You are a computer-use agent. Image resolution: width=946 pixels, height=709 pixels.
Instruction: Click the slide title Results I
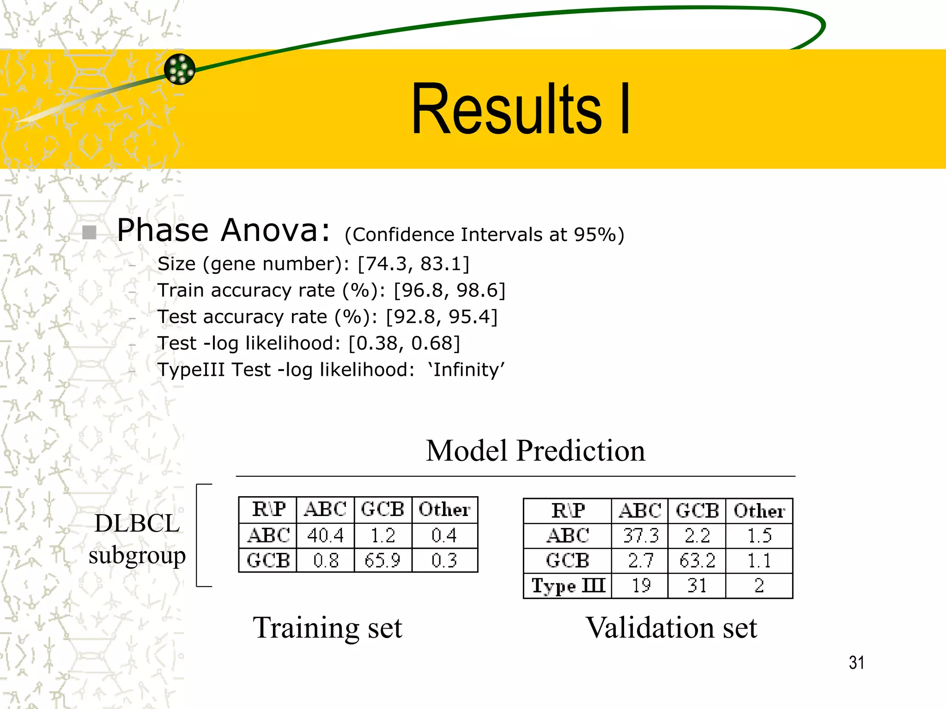click(x=521, y=109)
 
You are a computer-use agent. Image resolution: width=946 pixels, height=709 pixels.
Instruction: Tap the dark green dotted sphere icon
click(x=180, y=69)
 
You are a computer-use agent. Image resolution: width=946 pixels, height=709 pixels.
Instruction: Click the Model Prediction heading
click(x=535, y=451)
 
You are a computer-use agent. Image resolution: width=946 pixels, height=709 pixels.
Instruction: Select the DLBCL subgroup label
click(x=137, y=539)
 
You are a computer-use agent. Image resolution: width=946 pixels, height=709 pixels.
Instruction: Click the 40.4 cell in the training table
click(x=325, y=535)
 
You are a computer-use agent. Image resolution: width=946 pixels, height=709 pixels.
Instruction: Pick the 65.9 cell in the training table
click(x=382, y=560)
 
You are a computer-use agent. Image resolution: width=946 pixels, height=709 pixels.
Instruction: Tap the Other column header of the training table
click(x=444, y=510)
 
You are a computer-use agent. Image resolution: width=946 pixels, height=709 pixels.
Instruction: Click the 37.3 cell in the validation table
click(x=640, y=535)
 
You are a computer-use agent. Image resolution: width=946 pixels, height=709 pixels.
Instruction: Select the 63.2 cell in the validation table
click(x=697, y=561)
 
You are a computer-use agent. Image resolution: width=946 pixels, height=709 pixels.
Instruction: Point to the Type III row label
click(x=568, y=586)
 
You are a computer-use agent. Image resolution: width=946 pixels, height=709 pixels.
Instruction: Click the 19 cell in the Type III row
click(x=640, y=586)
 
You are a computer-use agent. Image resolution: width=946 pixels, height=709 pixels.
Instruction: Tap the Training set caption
click(x=327, y=628)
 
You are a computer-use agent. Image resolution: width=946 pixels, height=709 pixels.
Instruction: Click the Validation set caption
click(x=671, y=628)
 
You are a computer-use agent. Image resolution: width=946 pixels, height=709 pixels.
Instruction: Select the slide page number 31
click(x=856, y=663)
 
